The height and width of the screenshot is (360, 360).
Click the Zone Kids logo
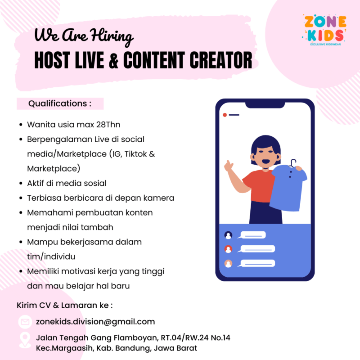point(324,31)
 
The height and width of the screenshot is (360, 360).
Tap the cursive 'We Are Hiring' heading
point(84,36)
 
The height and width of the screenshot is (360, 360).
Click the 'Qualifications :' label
point(60,103)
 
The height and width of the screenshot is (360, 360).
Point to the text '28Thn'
point(110,124)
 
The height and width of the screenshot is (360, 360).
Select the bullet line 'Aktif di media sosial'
point(67,183)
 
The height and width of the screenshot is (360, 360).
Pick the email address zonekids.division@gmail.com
point(95,322)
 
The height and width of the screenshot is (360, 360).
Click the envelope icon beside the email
point(25,322)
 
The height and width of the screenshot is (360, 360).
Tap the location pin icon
point(25,342)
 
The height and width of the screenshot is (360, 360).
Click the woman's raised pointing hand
point(230,166)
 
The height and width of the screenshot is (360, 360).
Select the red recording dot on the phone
point(225,115)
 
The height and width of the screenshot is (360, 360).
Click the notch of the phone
point(265,104)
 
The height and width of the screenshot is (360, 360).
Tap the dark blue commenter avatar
point(229,235)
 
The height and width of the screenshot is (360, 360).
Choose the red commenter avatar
point(229,249)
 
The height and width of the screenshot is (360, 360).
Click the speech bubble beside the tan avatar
point(257,263)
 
